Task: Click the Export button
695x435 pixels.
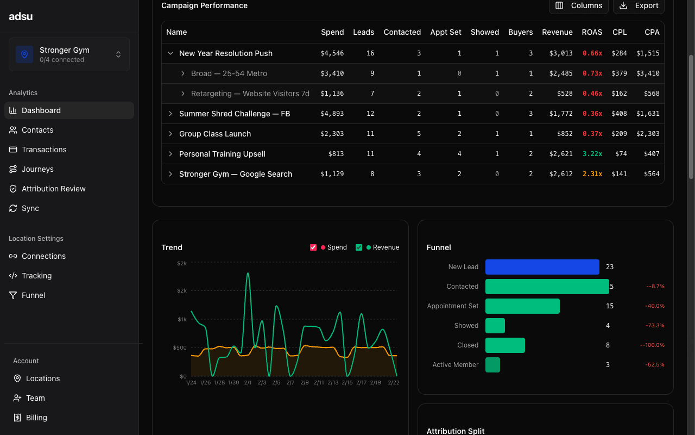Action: coord(639,5)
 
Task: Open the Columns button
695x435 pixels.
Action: coord(579,5)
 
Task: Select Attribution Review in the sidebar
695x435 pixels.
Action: coord(53,189)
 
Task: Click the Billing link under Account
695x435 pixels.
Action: coord(36,418)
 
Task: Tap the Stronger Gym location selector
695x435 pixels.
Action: coord(69,54)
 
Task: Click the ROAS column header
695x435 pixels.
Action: coord(591,32)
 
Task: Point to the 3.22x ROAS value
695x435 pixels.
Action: coord(592,154)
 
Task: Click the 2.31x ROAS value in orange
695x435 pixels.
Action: coord(592,174)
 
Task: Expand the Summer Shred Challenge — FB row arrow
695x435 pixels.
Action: coord(170,114)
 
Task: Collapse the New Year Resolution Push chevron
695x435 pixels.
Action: coord(170,53)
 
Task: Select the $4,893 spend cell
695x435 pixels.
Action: coord(332,114)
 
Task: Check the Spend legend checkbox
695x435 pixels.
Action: coord(313,247)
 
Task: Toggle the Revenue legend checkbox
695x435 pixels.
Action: coord(359,247)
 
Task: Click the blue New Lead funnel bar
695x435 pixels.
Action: coord(542,267)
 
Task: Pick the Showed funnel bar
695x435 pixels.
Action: coord(495,326)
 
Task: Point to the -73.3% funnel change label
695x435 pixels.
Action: coord(654,326)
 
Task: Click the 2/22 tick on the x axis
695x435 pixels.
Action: coord(394,383)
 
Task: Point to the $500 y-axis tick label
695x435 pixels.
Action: coord(180,347)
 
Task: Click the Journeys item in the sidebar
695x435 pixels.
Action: coord(37,169)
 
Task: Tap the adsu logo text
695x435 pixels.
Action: coord(21,16)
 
